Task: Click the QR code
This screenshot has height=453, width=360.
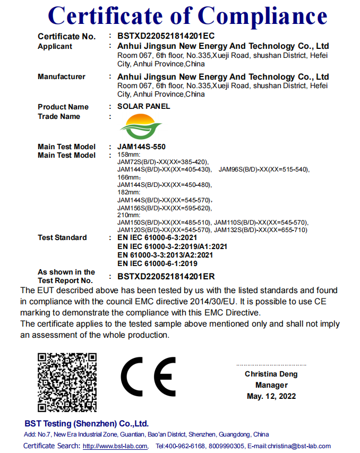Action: click(66, 382)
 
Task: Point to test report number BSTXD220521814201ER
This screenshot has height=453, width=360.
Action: click(166, 277)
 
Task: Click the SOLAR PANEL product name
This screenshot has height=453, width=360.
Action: click(143, 106)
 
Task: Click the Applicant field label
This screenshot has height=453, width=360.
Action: click(55, 47)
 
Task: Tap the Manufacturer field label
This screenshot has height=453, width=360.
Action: click(61, 77)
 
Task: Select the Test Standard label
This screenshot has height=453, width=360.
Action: click(62, 237)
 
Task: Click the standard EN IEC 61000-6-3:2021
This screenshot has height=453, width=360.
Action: click(157, 238)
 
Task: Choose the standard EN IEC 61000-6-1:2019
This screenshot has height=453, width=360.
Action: click(157, 263)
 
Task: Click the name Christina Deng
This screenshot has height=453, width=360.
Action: click(271, 374)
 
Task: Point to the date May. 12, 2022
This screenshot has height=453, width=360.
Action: click(271, 396)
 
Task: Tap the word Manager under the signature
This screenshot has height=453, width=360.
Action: click(271, 385)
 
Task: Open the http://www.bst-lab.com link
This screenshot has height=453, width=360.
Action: click(115, 446)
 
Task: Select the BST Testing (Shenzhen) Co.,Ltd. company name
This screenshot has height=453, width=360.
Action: click(87, 424)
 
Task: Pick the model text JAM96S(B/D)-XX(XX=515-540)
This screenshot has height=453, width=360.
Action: click(264, 169)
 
